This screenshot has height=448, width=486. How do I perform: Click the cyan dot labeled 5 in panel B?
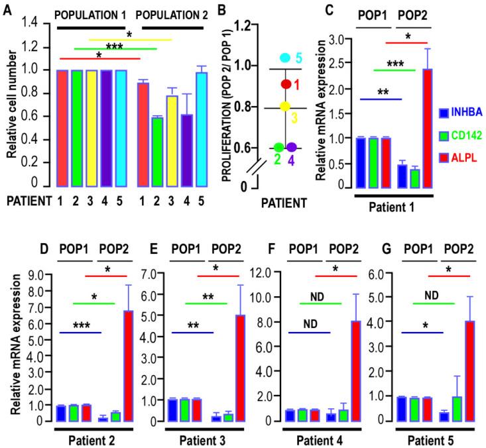(285, 58)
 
